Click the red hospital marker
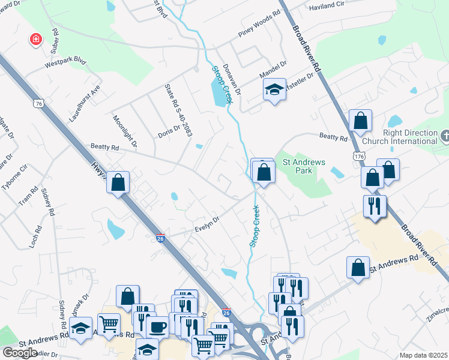(x=37, y=40)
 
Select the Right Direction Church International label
(x=411, y=137)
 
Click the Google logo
(x=20, y=352)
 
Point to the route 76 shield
(x=39, y=103)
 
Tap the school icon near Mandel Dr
(x=274, y=90)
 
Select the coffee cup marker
(x=157, y=327)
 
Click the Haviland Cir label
(x=327, y=7)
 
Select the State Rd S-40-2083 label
(x=178, y=110)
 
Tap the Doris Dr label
(x=169, y=130)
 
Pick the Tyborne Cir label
(x=15, y=179)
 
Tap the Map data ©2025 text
(x=424, y=355)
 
